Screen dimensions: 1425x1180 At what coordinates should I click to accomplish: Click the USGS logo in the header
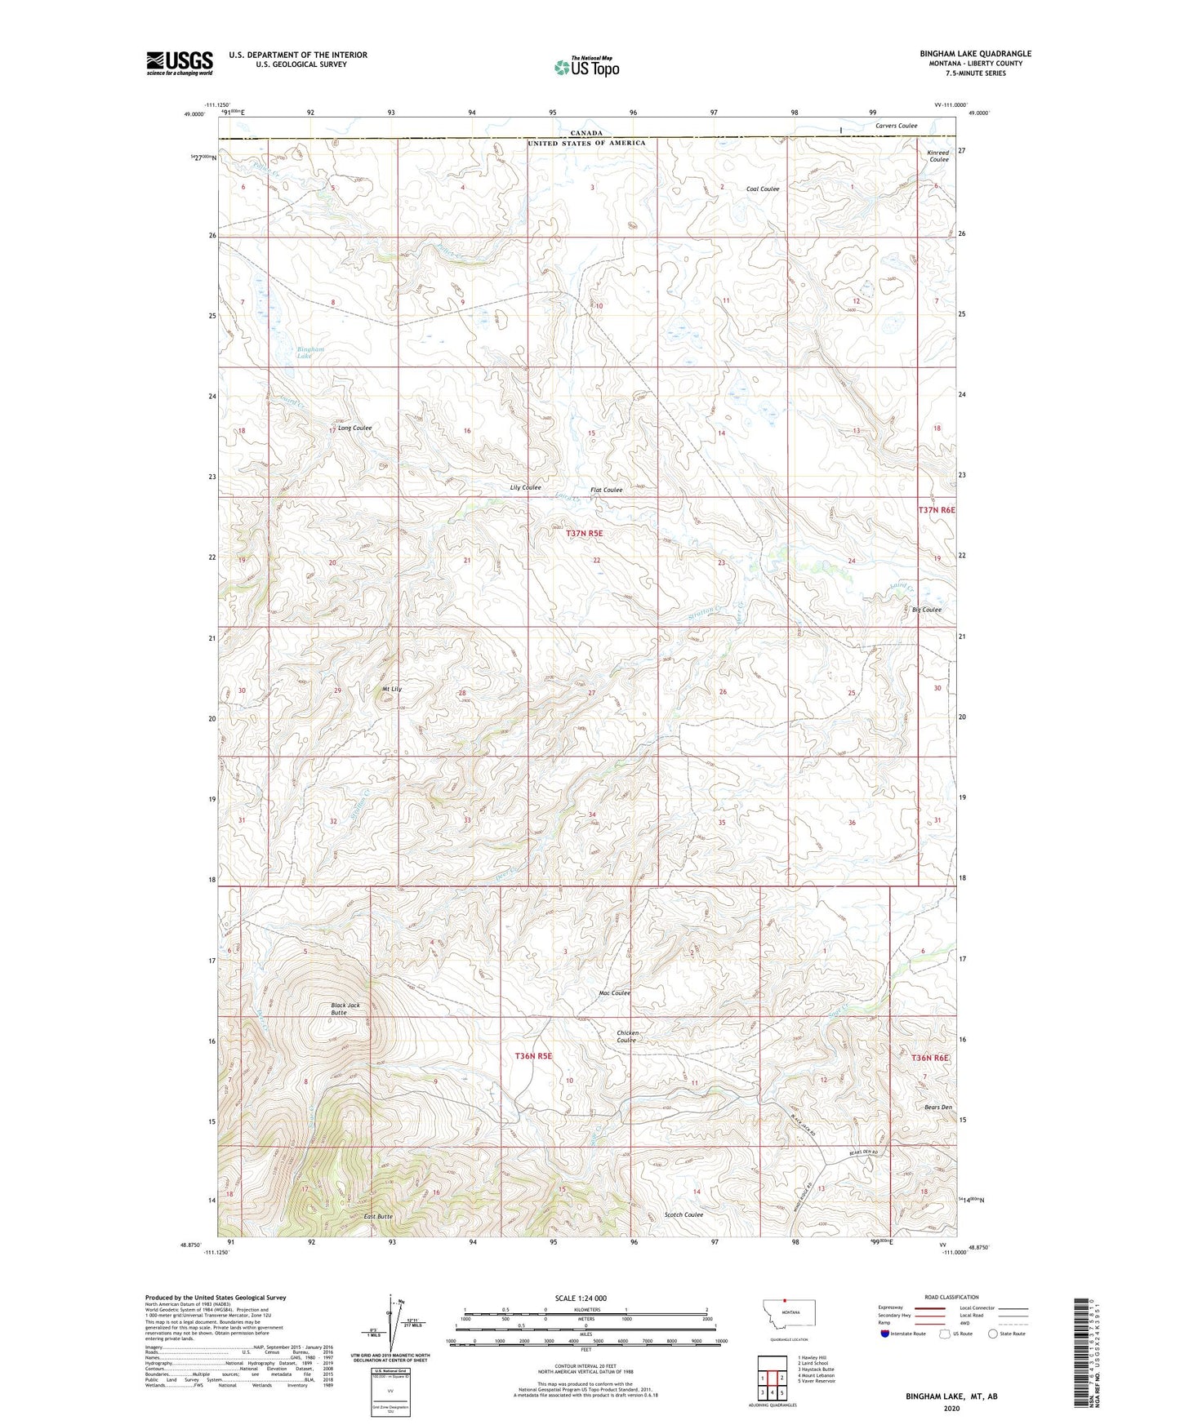[x=179, y=62]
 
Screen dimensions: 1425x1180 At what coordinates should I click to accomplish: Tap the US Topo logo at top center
[x=586, y=67]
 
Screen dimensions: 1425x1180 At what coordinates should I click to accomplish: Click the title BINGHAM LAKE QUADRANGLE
[x=975, y=54]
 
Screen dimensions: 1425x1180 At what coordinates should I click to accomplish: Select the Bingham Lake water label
[x=310, y=353]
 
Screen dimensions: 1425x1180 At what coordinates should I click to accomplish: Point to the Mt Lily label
[x=392, y=689]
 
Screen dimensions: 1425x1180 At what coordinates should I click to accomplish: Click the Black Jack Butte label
[x=345, y=1009]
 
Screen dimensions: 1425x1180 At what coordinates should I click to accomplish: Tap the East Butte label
[x=378, y=1217]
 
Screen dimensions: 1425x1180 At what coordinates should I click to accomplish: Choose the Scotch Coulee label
[x=684, y=1214]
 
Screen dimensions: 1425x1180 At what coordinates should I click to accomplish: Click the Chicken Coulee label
[x=627, y=1037]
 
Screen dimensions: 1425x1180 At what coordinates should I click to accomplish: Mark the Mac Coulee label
[x=614, y=993]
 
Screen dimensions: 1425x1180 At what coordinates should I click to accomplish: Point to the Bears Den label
[x=938, y=1108]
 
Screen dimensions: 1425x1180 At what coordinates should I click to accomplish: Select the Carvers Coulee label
[x=896, y=126]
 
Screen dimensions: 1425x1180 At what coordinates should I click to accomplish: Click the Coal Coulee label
[x=763, y=189]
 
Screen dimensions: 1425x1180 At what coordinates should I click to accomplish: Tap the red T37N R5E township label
[x=584, y=533]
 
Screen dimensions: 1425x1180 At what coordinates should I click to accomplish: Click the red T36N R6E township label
[x=929, y=1058]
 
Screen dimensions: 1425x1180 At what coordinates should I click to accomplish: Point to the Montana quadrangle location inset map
[x=789, y=1313]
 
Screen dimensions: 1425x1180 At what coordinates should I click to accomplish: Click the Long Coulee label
[x=354, y=428]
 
